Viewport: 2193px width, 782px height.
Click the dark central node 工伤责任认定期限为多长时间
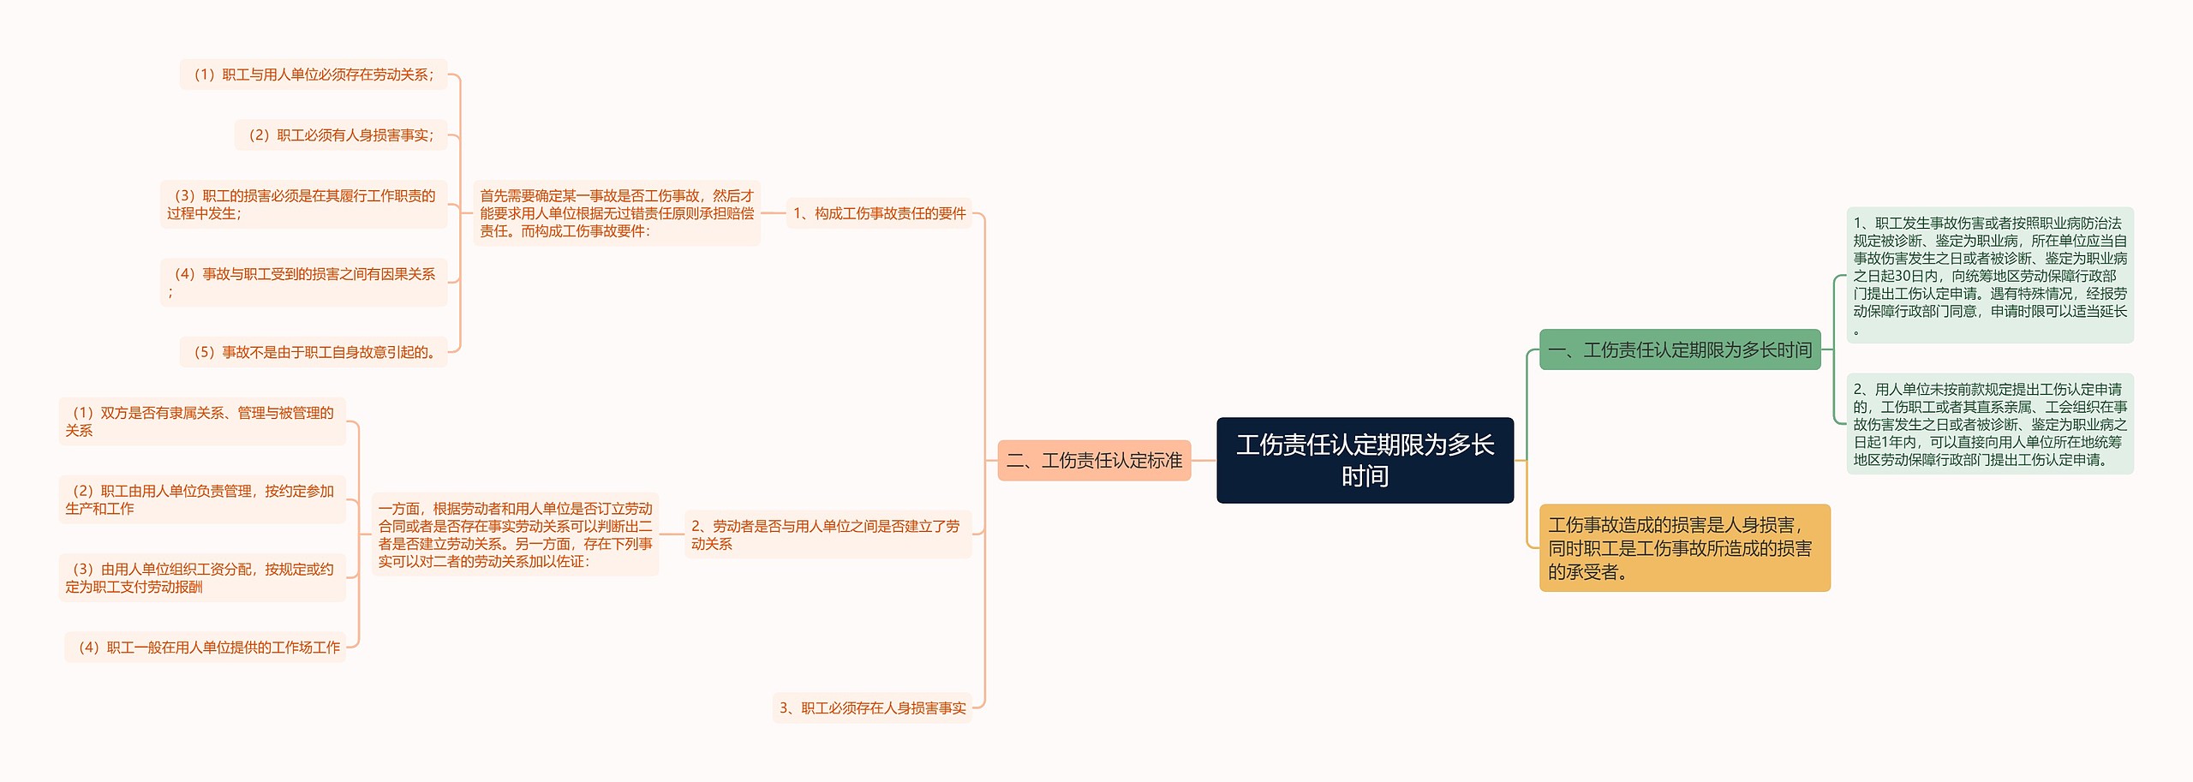[x=1365, y=460]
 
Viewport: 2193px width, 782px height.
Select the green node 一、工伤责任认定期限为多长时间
[x=1679, y=349]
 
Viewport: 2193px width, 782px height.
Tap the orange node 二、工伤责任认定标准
[x=1094, y=460]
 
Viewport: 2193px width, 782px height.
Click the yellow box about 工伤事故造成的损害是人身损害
[x=1684, y=548]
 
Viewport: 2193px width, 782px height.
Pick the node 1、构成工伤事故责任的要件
[x=879, y=213]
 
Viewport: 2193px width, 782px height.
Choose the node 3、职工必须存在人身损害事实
[x=872, y=707]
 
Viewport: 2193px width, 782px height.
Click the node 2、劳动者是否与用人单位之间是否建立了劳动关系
[x=828, y=534]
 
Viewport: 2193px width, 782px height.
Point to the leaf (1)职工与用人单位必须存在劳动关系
[x=314, y=75]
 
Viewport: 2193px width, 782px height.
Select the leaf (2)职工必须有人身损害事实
[x=341, y=134]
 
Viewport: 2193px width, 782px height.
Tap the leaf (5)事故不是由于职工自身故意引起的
[x=314, y=352]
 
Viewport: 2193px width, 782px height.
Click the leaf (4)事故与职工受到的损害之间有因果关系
[x=304, y=282]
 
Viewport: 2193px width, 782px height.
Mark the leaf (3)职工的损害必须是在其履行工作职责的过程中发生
[x=304, y=204]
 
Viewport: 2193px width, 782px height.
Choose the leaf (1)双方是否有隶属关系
[x=202, y=421]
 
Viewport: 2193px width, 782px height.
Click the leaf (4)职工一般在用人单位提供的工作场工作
[x=206, y=647]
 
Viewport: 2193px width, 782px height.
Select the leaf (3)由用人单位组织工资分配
[x=202, y=577]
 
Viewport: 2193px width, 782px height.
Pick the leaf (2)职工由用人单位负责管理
[x=202, y=499]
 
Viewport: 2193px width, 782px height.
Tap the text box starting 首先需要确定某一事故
[x=617, y=213]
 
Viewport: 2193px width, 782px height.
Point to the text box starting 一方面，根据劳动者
[x=516, y=534]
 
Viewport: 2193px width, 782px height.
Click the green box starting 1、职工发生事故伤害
[x=1989, y=275]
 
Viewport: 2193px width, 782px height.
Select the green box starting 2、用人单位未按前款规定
[x=1989, y=424]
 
